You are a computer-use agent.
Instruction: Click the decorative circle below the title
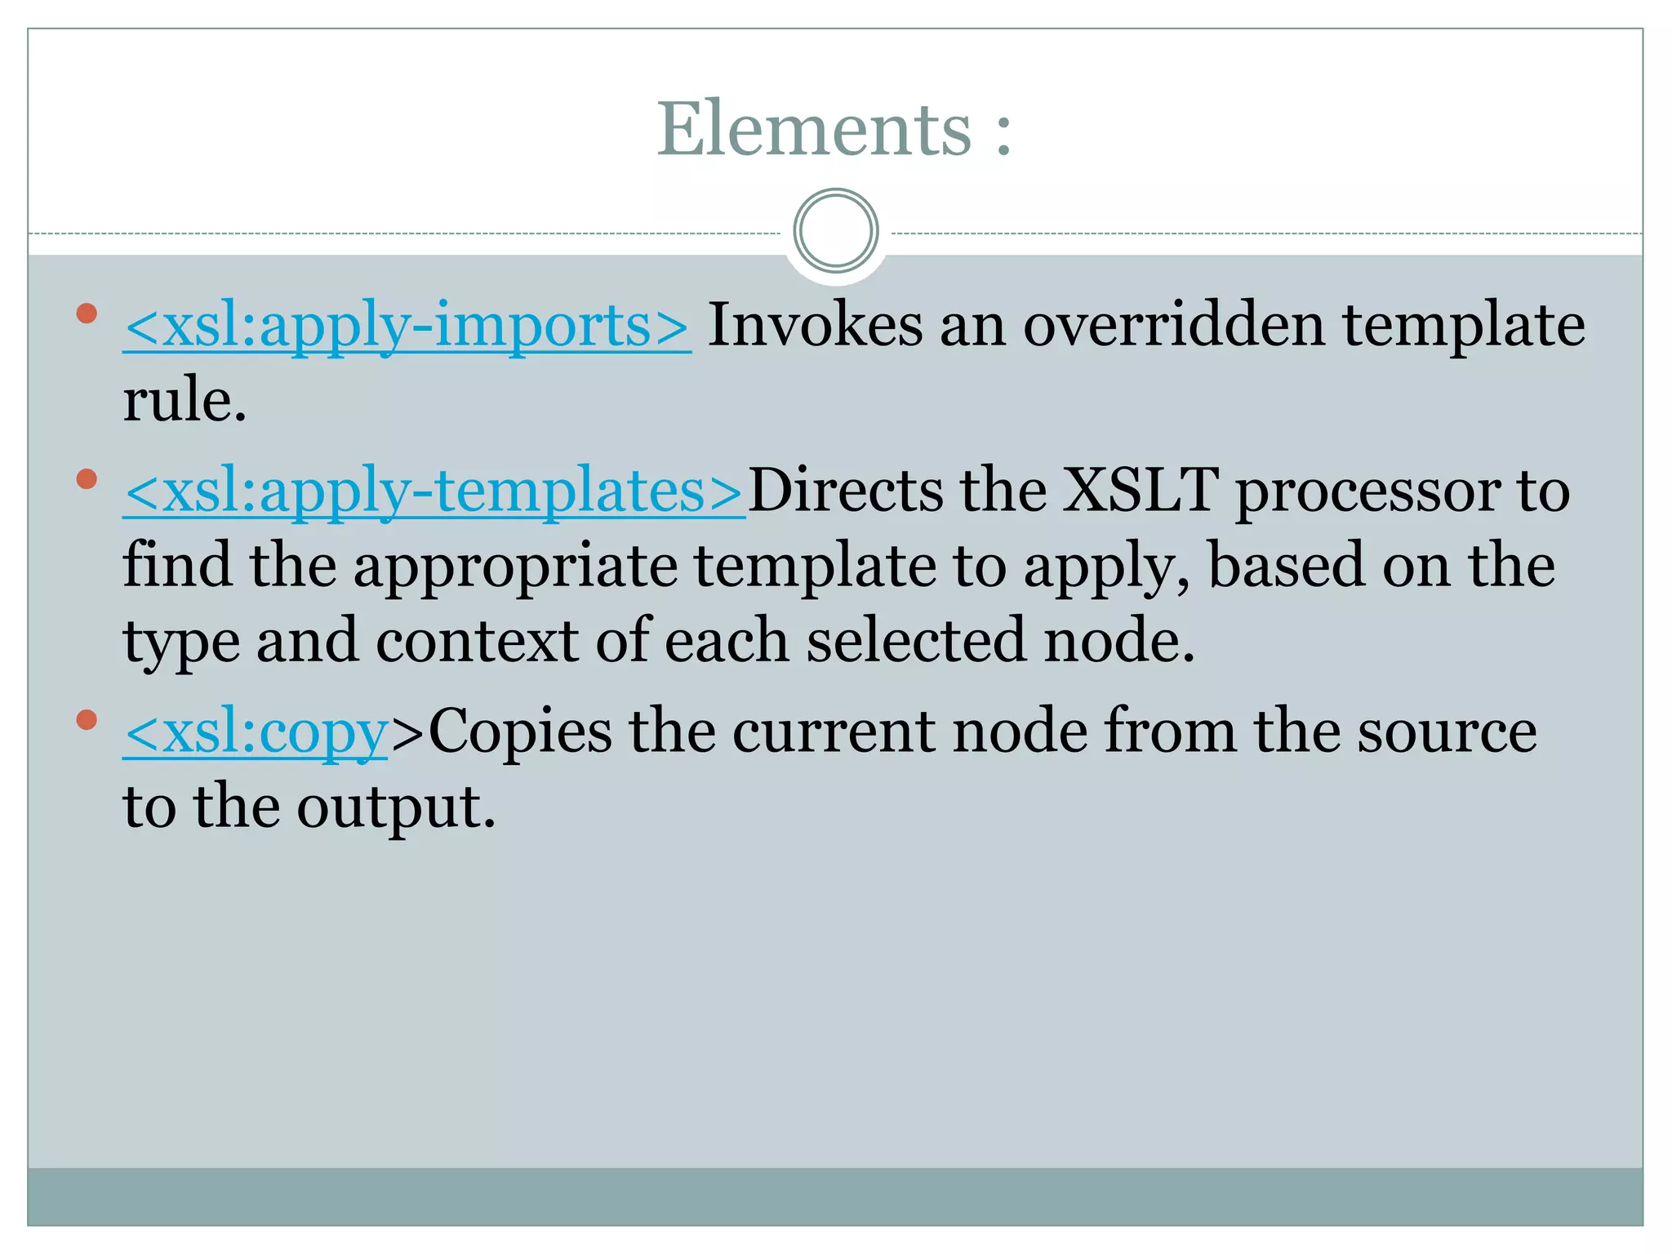835,231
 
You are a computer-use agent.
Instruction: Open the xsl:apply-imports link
407,326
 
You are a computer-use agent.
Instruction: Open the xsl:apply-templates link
434,491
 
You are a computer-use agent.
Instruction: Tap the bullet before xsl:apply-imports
87,313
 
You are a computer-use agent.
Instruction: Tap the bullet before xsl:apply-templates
87,478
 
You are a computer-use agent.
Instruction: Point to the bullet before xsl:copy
87,719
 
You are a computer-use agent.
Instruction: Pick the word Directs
845,491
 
